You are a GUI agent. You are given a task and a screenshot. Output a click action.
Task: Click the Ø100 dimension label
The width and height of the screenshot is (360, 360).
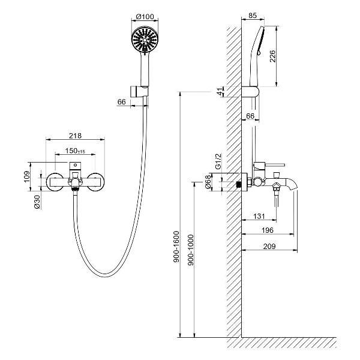tap(145, 17)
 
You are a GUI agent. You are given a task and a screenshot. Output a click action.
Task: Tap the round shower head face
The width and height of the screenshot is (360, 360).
tap(145, 40)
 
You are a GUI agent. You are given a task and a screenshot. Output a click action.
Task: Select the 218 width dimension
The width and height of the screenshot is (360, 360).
tap(76, 136)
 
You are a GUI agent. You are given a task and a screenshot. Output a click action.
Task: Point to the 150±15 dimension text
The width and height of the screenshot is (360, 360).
tap(75, 151)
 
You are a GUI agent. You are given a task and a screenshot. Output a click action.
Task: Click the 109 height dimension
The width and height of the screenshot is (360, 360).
tap(27, 176)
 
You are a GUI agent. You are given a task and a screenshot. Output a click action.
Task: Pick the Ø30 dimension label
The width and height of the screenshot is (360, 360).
tap(37, 202)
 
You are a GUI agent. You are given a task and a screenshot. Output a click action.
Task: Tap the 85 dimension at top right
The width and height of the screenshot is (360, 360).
tap(253, 16)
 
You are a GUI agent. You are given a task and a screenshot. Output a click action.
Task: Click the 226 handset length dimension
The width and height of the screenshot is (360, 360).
tap(272, 56)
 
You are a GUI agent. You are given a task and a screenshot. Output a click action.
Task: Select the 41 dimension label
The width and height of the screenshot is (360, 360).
tap(220, 91)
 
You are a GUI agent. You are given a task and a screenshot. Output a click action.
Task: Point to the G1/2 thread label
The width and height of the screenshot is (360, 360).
tap(218, 161)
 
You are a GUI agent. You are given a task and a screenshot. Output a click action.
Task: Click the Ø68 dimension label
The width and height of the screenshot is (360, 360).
tap(208, 182)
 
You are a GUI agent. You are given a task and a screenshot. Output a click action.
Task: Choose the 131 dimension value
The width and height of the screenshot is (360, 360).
tap(259, 216)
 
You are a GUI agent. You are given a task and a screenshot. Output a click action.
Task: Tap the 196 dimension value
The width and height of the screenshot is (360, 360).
tap(268, 230)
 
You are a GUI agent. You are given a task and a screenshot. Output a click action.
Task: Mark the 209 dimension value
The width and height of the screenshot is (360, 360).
tap(269, 247)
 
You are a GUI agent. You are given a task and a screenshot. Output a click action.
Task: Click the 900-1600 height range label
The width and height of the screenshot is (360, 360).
tap(176, 247)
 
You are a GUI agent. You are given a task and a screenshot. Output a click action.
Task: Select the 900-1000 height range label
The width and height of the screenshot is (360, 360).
tap(191, 250)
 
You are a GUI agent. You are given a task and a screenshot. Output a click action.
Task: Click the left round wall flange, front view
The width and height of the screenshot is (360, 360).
tap(55, 182)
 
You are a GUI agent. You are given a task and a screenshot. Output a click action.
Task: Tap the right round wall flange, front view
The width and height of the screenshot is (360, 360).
tap(96, 182)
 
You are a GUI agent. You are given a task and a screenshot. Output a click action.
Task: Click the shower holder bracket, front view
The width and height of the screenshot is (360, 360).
tap(139, 92)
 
